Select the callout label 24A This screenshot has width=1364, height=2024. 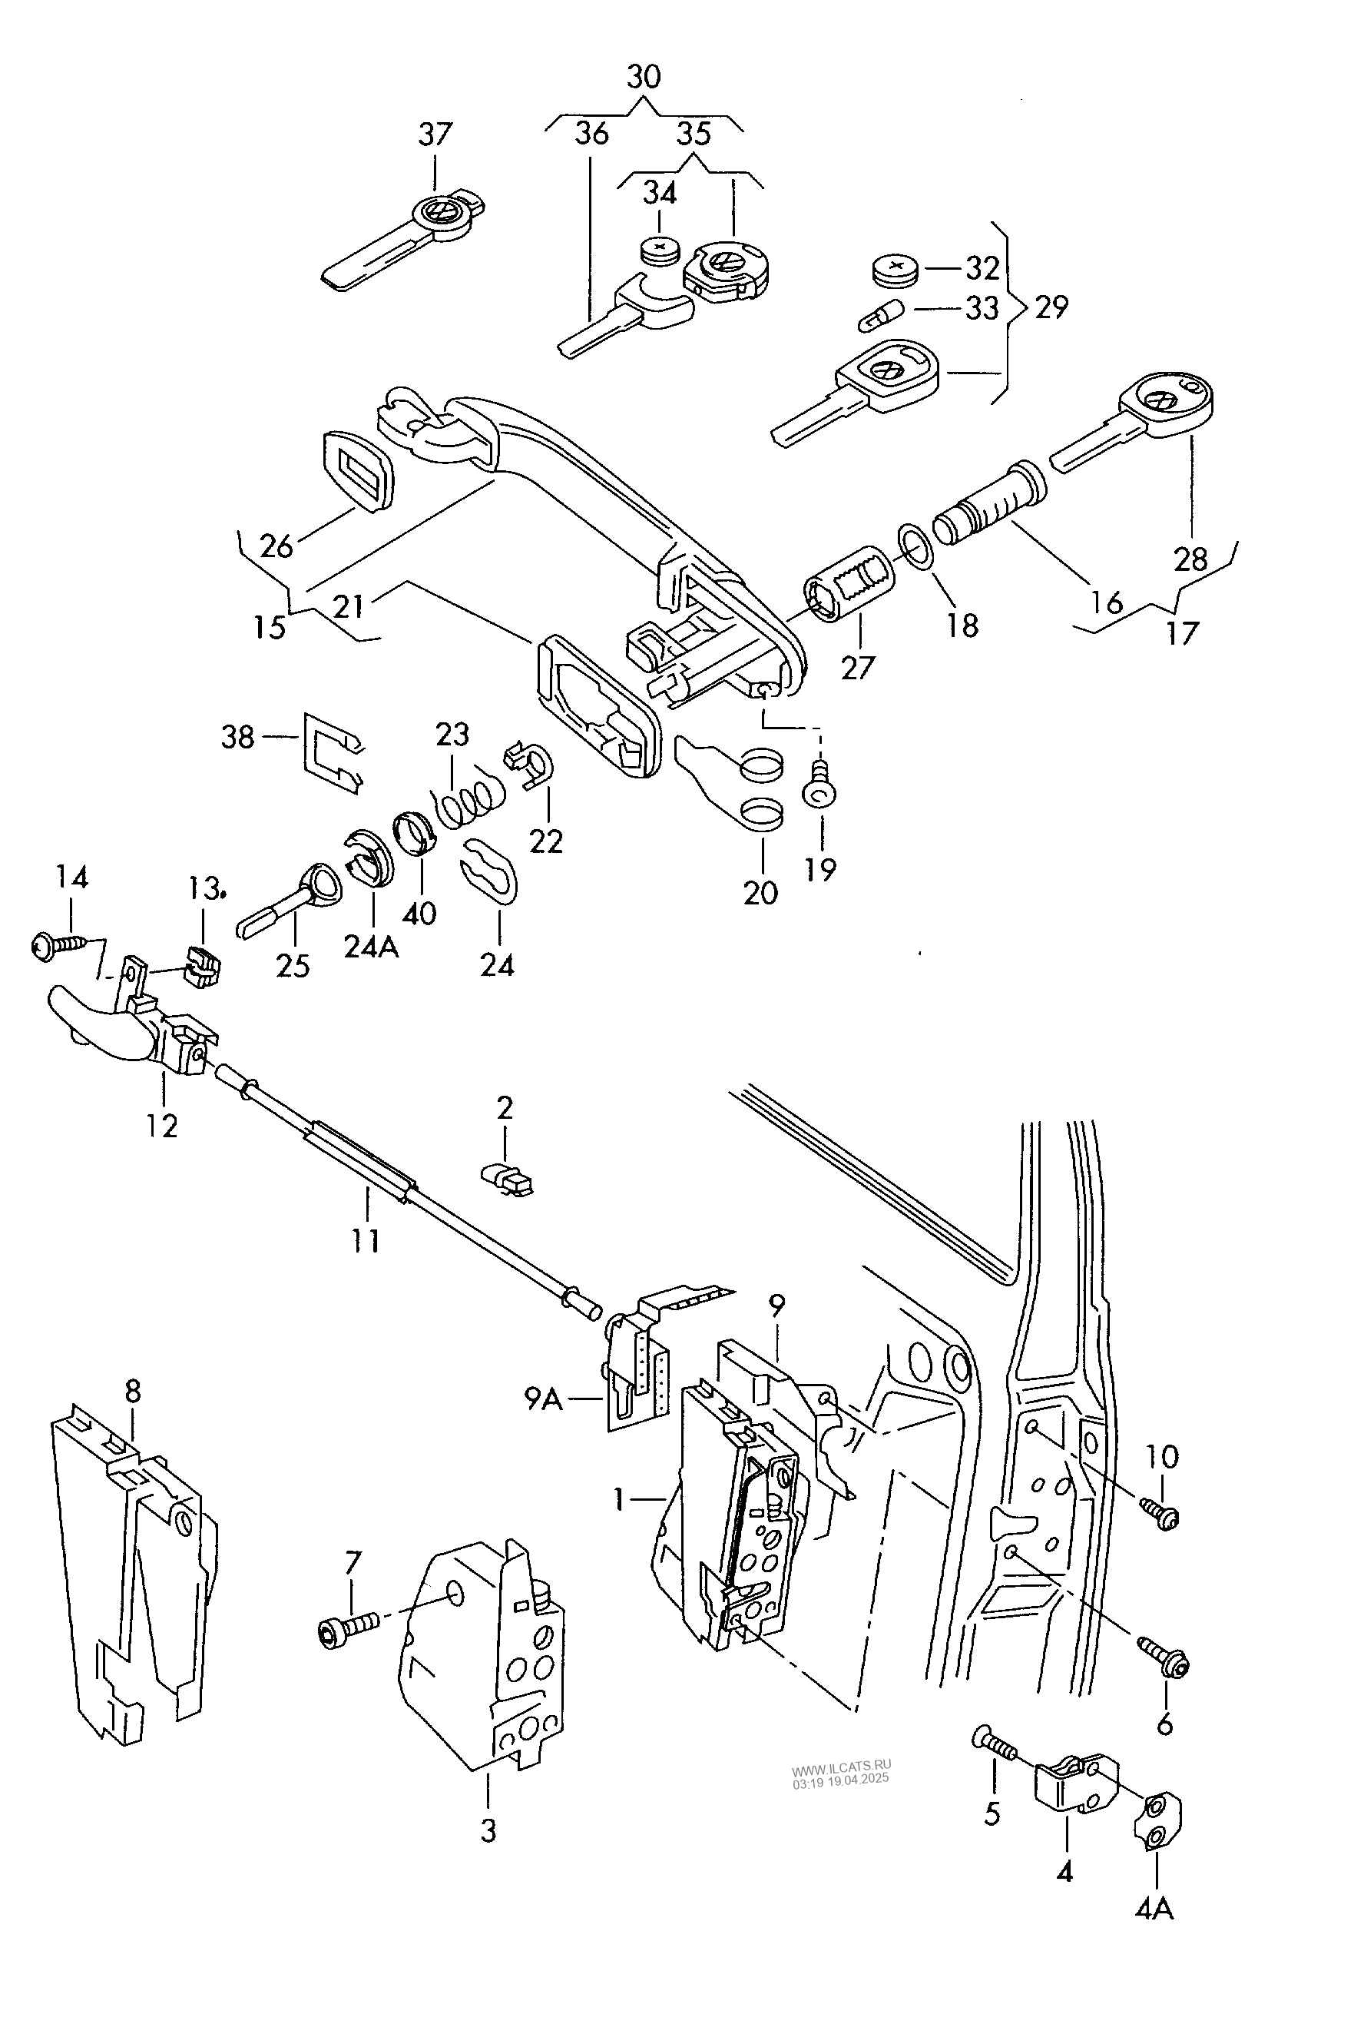[372, 946]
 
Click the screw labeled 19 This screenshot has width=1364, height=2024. [819, 783]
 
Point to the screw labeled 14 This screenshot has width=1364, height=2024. [59, 944]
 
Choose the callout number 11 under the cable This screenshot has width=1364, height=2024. [366, 1240]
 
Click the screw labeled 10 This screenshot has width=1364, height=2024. [1160, 1513]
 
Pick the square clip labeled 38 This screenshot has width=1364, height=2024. [333, 753]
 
